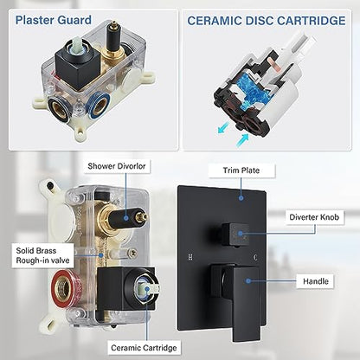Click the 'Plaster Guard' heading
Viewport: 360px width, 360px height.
(54, 20)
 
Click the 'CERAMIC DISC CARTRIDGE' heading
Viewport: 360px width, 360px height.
(267, 21)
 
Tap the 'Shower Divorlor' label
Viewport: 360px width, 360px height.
(117, 166)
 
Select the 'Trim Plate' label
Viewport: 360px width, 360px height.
(241, 170)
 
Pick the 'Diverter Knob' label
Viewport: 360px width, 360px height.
(314, 217)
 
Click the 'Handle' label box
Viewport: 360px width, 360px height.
(315, 281)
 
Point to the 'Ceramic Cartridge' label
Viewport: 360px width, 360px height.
(144, 348)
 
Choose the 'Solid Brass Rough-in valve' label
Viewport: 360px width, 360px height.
(42, 255)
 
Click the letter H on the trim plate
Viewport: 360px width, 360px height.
(190, 256)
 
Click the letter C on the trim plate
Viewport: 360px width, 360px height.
(255, 256)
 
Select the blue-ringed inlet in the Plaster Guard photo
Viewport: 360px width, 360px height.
(99, 106)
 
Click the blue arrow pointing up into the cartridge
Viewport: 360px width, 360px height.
(241, 140)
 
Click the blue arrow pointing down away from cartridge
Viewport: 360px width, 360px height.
(223, 128)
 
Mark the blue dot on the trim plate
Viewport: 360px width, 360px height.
(241, 198)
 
